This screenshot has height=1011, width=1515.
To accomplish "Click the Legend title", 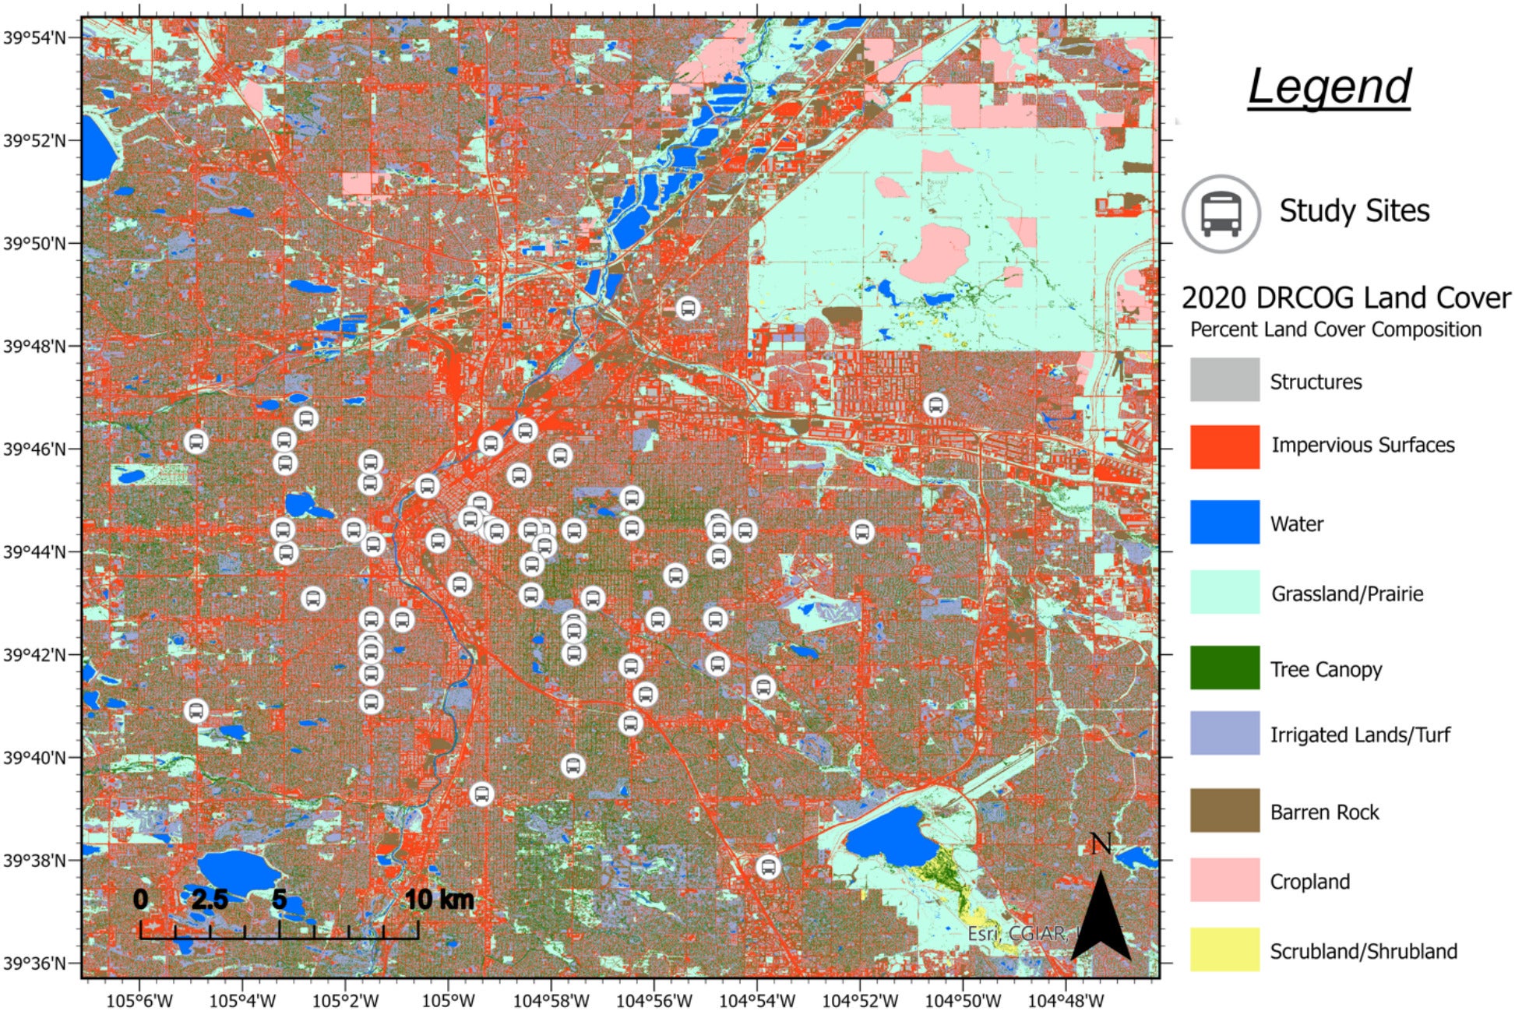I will tap(1329, 87).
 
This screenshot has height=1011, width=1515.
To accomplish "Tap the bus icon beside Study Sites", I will tap(1221, 213).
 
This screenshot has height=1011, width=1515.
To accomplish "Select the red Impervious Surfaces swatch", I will tap(1224, 447).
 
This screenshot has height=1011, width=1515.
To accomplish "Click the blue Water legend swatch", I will tap(1224, 522).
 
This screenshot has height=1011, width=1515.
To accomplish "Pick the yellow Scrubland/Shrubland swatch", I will tap(1224, 949).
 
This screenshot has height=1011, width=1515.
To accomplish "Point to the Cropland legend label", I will tap(1309, 882).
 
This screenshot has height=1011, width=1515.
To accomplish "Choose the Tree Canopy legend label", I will tap(1326, 670).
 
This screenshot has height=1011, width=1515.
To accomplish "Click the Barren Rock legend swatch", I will tap(1224, 811).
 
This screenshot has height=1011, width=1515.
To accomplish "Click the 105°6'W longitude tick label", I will tap(139, 1000).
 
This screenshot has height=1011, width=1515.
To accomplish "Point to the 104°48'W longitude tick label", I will tap(1066, 1000).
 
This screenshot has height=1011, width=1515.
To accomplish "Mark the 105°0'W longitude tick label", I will tap(449, 1000).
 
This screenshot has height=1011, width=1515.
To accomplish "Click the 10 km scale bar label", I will tap(439, 900).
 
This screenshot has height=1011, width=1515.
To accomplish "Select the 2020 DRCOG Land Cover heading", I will tap(1345, 298).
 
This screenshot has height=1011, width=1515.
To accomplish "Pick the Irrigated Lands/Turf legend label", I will tap(1359, 734).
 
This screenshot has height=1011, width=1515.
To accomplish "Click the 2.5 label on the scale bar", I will tap(210, 900).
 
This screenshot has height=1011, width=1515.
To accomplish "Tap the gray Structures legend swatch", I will tap(1224, 380).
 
